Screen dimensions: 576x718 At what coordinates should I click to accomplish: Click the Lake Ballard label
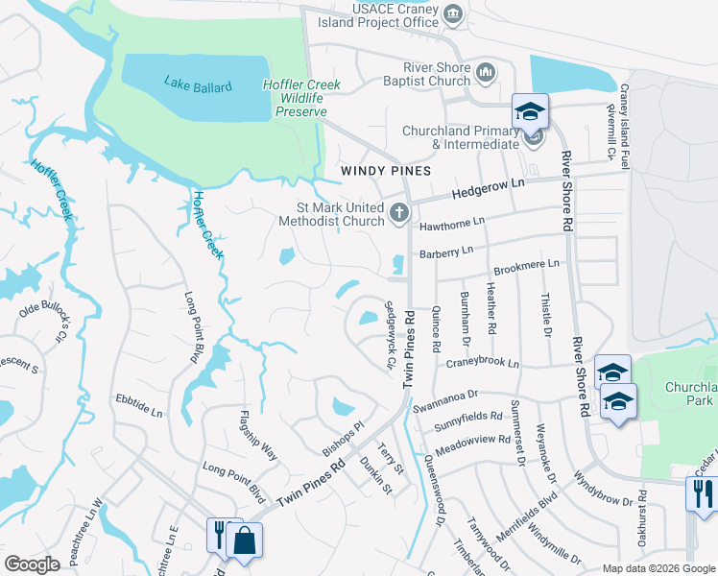pyautogui.click(x=198, y=86)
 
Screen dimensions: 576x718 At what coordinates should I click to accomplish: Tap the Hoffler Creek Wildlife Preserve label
pyautogui.click(x=296, y=98)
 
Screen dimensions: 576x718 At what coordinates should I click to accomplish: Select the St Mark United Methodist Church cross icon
pyautogui.click(x=400, y=213)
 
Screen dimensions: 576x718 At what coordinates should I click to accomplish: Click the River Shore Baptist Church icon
pyautogui.click(x=485, y=72)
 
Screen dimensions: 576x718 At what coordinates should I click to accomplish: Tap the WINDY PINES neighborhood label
pyautogui.click(x=384, y=170)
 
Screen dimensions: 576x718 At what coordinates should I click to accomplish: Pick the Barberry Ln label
pyautogui.click(x=446, y=252)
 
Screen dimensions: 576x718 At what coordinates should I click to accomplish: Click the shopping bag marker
pyautogui.click(x=246, y=540)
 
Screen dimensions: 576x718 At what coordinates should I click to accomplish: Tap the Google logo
pyautogui.click(x=32, y=564)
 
